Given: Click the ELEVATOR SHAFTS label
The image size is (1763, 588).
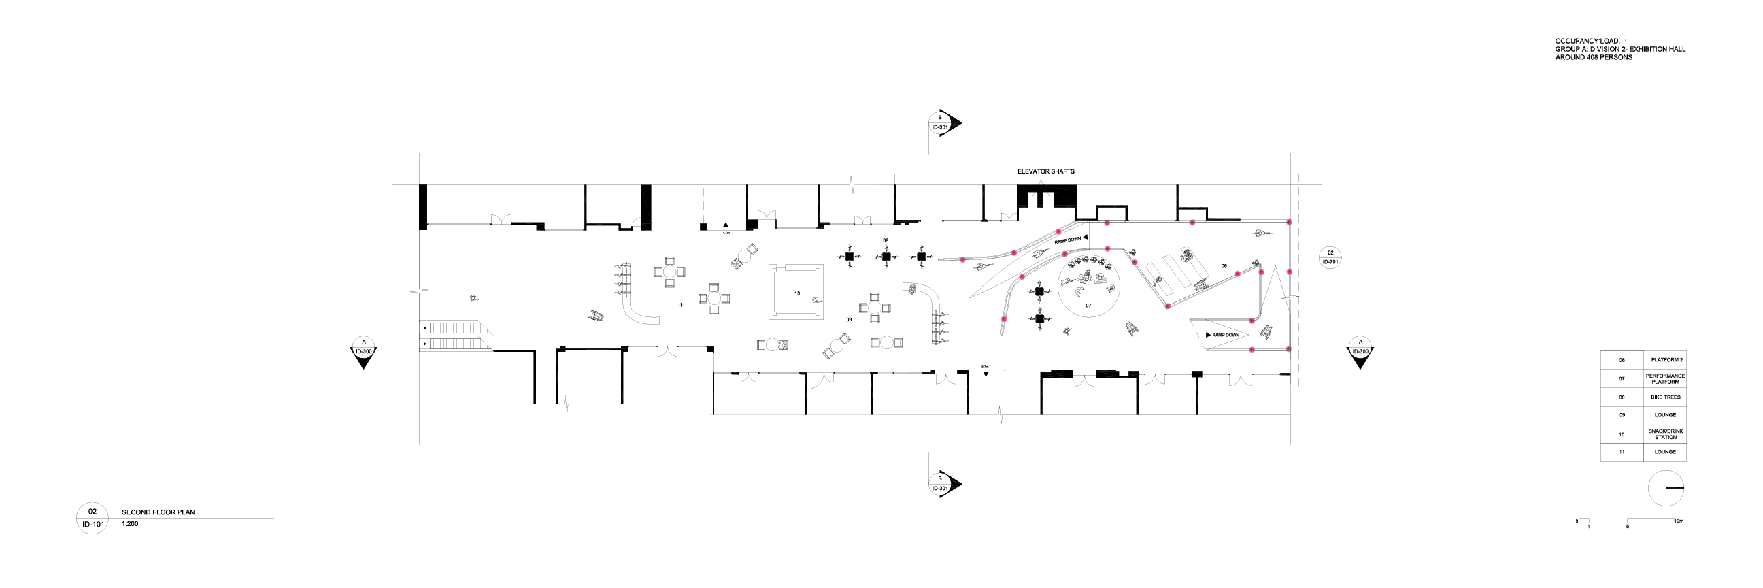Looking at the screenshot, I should click(x=1045, y=171).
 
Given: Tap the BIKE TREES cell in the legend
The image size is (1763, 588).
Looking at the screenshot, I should click(x=1664, y=397).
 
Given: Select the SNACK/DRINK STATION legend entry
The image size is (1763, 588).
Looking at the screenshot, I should click(x=1664, y=434).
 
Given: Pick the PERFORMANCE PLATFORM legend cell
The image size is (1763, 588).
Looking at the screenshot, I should click(x=1664, y=378).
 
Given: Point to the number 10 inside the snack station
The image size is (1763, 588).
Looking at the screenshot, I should click(x=796, y=293).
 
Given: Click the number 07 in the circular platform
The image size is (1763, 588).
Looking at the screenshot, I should click(x=1088, y=306).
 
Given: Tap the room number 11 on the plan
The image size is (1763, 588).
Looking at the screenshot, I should click(x=682, y=306).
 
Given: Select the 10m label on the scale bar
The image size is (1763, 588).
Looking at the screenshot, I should click(x=1678, y=521).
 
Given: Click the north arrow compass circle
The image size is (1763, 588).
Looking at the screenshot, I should click(x=1665, y=489).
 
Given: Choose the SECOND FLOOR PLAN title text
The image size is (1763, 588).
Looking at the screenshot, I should click(x=158, y=512).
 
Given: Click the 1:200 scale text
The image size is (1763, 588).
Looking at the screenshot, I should click(x=130, y=523).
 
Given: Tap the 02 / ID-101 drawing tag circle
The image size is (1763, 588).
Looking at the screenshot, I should click(x=93, y=518).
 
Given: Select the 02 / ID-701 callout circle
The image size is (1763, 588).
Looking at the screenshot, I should click(x=1330, y=257).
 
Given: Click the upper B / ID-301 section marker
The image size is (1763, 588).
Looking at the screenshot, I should click(x=941, y=122).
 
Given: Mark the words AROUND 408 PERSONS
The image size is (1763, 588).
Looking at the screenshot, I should click(x=1592, y=57).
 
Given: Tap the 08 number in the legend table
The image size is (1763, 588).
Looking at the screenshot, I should click(x=1622, y=397).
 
